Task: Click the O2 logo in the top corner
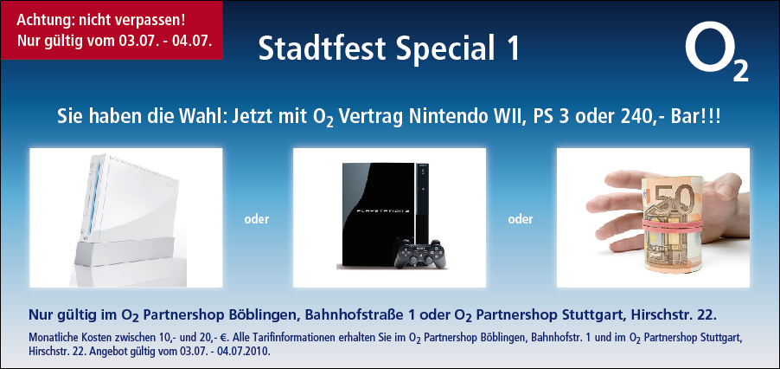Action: pos(716,51)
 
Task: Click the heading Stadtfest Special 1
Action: pos(389,49)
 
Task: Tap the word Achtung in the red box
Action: pos(38,21)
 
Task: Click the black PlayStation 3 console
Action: pos(385,215)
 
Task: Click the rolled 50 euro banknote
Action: pos(673,225)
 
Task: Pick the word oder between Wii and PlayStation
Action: pos(257,219)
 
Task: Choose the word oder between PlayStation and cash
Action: pos(521,219)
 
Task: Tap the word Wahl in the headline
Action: pos(204,118)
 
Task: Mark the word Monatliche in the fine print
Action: pos(51,338)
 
